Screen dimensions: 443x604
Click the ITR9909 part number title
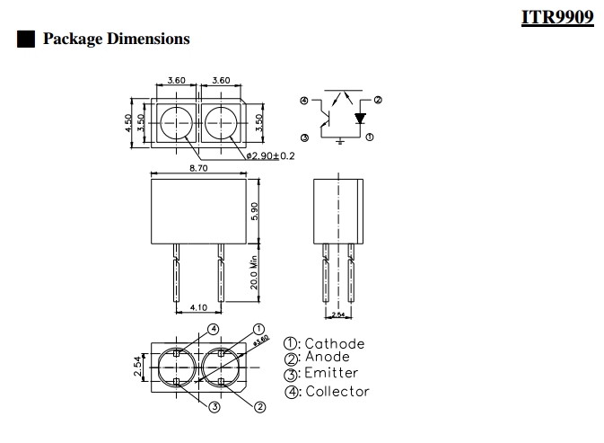(557, 17)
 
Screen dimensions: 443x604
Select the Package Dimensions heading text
(117, 39)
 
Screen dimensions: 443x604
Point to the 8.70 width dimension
(199, 168)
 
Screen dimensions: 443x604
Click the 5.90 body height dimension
(255, 211)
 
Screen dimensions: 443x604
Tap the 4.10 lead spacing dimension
(198, 307)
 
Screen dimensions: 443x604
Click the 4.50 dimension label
(129, 122)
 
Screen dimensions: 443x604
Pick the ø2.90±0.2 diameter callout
(269, 156)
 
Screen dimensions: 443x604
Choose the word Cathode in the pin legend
(335, 343)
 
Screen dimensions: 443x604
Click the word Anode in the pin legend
(329, 358)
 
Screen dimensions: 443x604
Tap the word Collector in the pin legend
(337, 391)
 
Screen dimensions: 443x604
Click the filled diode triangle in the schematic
(360, 118)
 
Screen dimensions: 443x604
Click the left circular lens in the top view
(177, 122)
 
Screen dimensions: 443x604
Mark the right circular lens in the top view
(221, 122)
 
